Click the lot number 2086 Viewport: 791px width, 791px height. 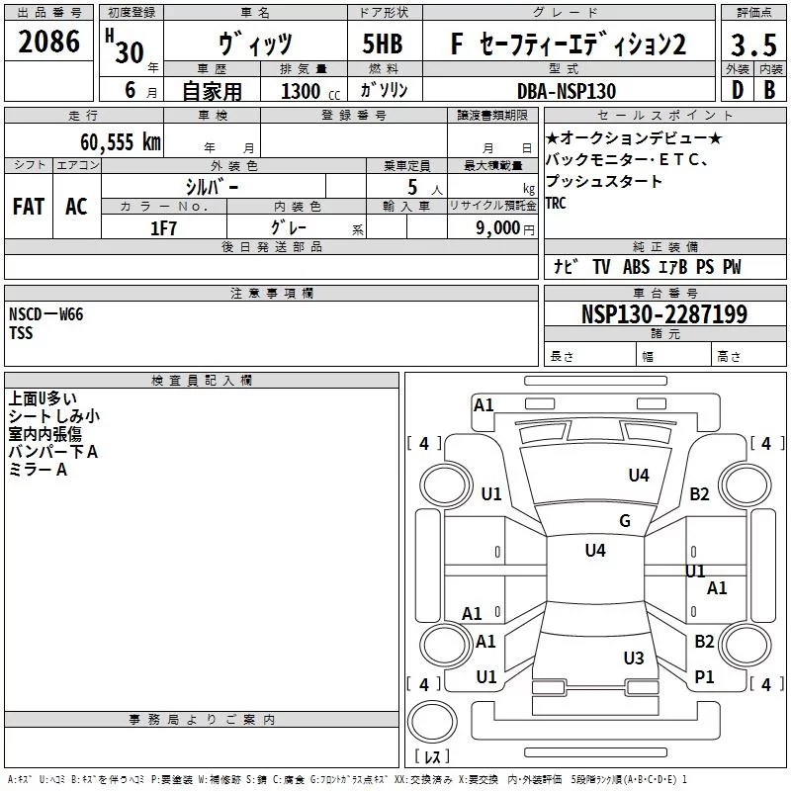(49, 44)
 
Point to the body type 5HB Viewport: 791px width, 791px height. (383, 44)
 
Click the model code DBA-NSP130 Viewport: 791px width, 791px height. (567, 90)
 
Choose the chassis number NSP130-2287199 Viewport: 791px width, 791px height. (663, 314)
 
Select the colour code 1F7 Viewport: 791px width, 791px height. (163, 227)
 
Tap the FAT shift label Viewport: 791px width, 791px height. (29, 206)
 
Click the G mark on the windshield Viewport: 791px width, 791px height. (625, 521)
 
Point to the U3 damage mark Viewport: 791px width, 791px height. (634, 658)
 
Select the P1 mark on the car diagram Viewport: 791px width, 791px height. (704, 676)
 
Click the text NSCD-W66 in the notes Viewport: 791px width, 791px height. (46, 314)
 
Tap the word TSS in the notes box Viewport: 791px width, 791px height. (21, 333)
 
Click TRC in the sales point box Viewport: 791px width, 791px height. (556, 204)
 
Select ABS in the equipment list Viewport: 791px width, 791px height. (636, 267)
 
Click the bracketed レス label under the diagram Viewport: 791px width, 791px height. (432, 757)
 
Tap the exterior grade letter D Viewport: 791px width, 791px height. (736, 90)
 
